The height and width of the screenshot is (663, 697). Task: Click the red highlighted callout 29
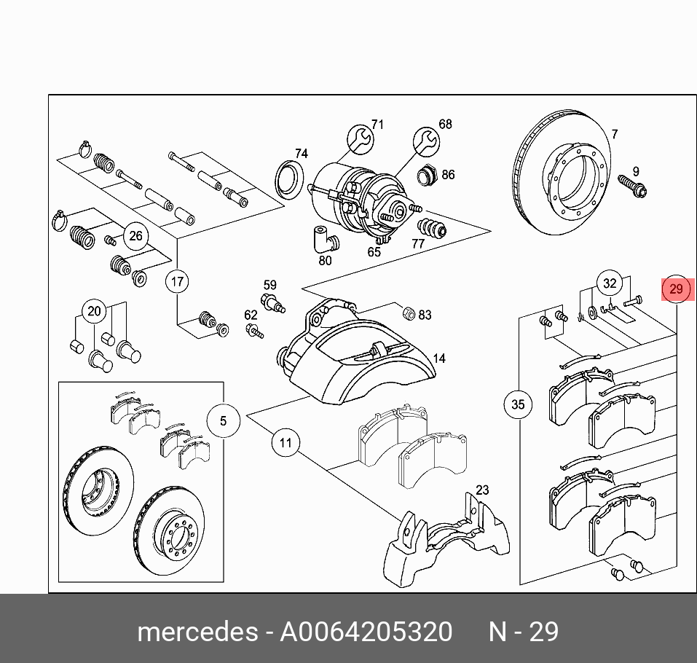(x=676, y=289)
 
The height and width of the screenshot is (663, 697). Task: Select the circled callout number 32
(x=610, y=283)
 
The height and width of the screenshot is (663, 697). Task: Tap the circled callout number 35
(x=518, y=404)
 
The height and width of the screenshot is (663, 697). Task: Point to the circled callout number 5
(x=223, y=420)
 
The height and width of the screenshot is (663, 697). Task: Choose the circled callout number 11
(x=286, y=442)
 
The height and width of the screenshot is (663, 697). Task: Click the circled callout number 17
(x=178, y=280)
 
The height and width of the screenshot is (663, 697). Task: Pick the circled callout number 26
(x=135, y=235)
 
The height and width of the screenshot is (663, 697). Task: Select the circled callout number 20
(x=94, y=312)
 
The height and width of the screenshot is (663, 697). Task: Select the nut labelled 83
(x=409, y=313)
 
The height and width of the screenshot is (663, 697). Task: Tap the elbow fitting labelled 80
(x=321, y=238)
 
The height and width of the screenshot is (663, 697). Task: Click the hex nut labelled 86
(x=426, y=175)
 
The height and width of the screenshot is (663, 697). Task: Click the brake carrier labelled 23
(x=444, y=543)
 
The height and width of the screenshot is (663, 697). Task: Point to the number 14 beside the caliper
(x=438, y=358)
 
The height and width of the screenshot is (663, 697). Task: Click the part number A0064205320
(x=366, y=631)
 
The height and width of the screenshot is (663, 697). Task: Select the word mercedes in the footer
(x=197, y=631)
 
